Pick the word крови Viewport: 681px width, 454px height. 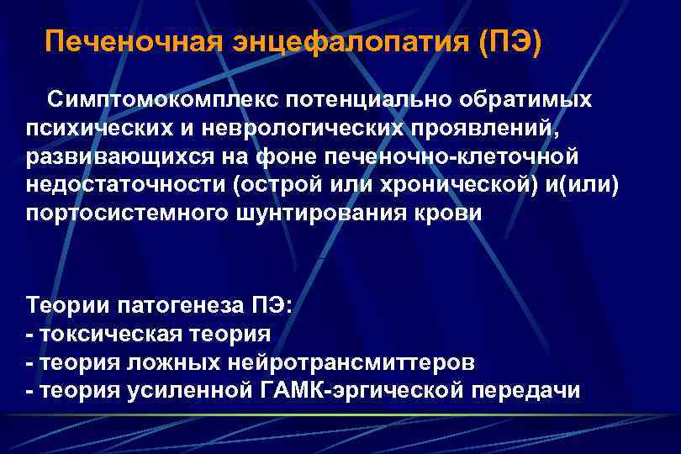pos(452,212)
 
